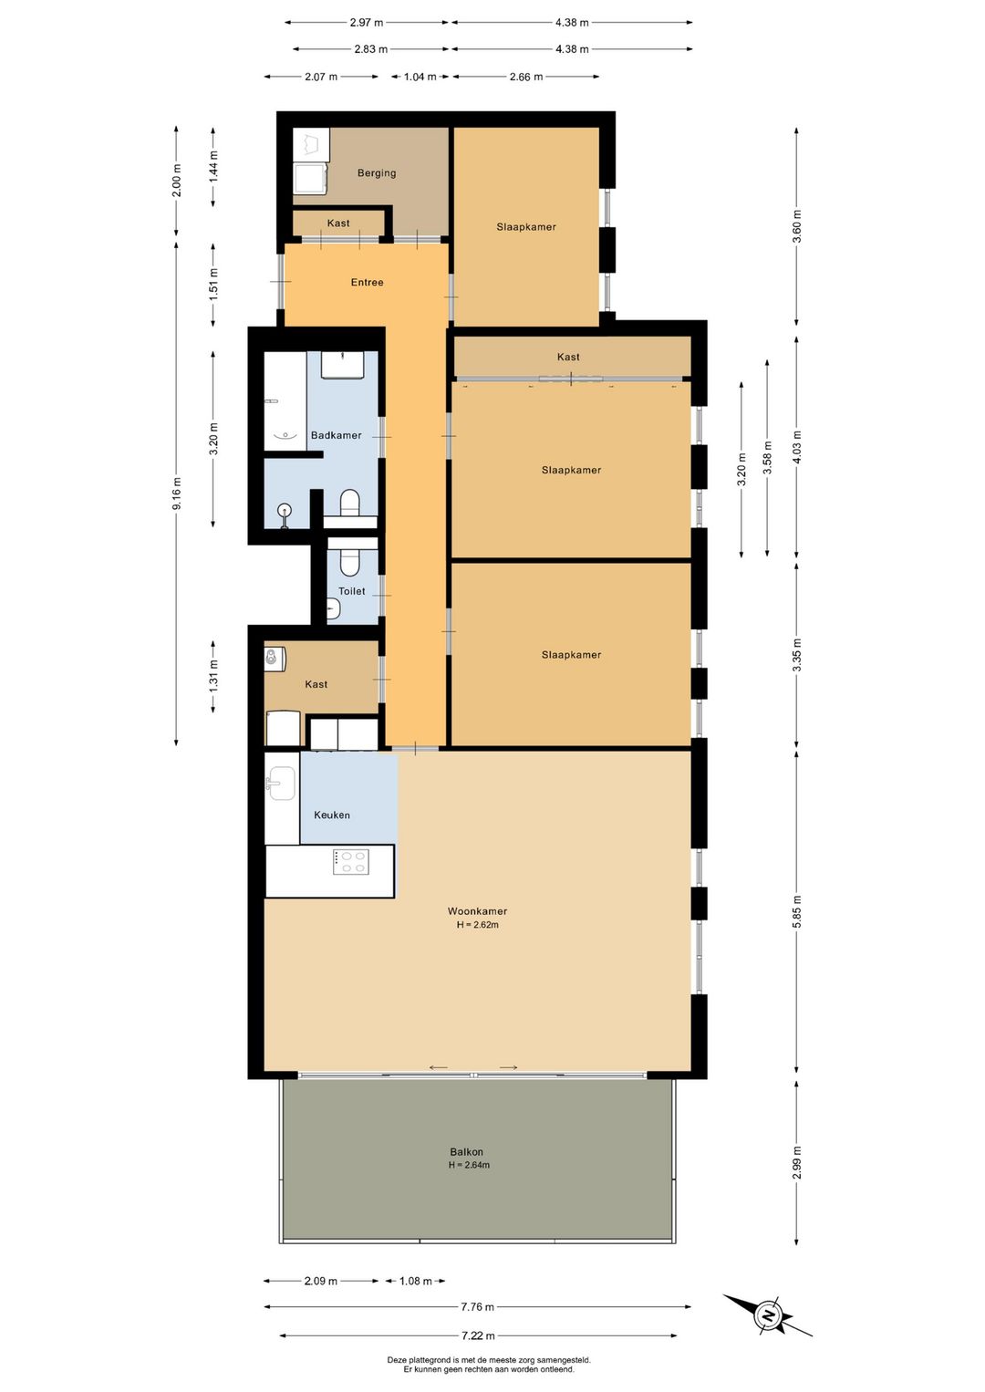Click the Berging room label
(377, 172)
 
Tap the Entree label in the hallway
(368, 282)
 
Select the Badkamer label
(337, 435)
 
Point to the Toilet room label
(352, 591)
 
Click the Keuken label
(332, 815)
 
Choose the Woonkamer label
(477, 911)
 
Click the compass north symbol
(770, 1315)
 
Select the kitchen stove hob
(351, 862)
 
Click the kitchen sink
(282, 783)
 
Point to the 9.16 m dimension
(177, 493)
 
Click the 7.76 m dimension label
(477, 1307)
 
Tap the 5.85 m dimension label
(797, 911)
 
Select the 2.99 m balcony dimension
(797, 1162)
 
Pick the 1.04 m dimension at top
(420, 77)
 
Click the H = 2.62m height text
(477, 925)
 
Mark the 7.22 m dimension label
(478, 1335)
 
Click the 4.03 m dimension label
(797, 447)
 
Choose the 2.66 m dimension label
(525, 77)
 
